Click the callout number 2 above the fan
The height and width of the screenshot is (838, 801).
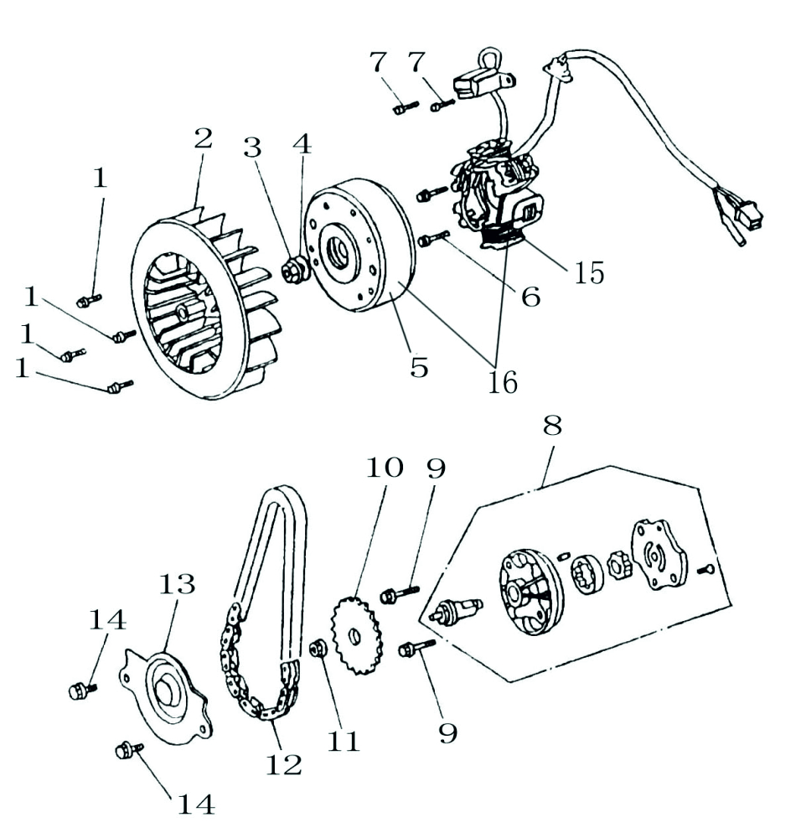click(203, 139)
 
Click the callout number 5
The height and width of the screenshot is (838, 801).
click(419, 366)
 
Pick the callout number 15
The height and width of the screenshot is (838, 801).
click(589, 273)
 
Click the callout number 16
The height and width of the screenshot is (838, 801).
click(504, 381)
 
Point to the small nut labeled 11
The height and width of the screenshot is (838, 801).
click(318, 649)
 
